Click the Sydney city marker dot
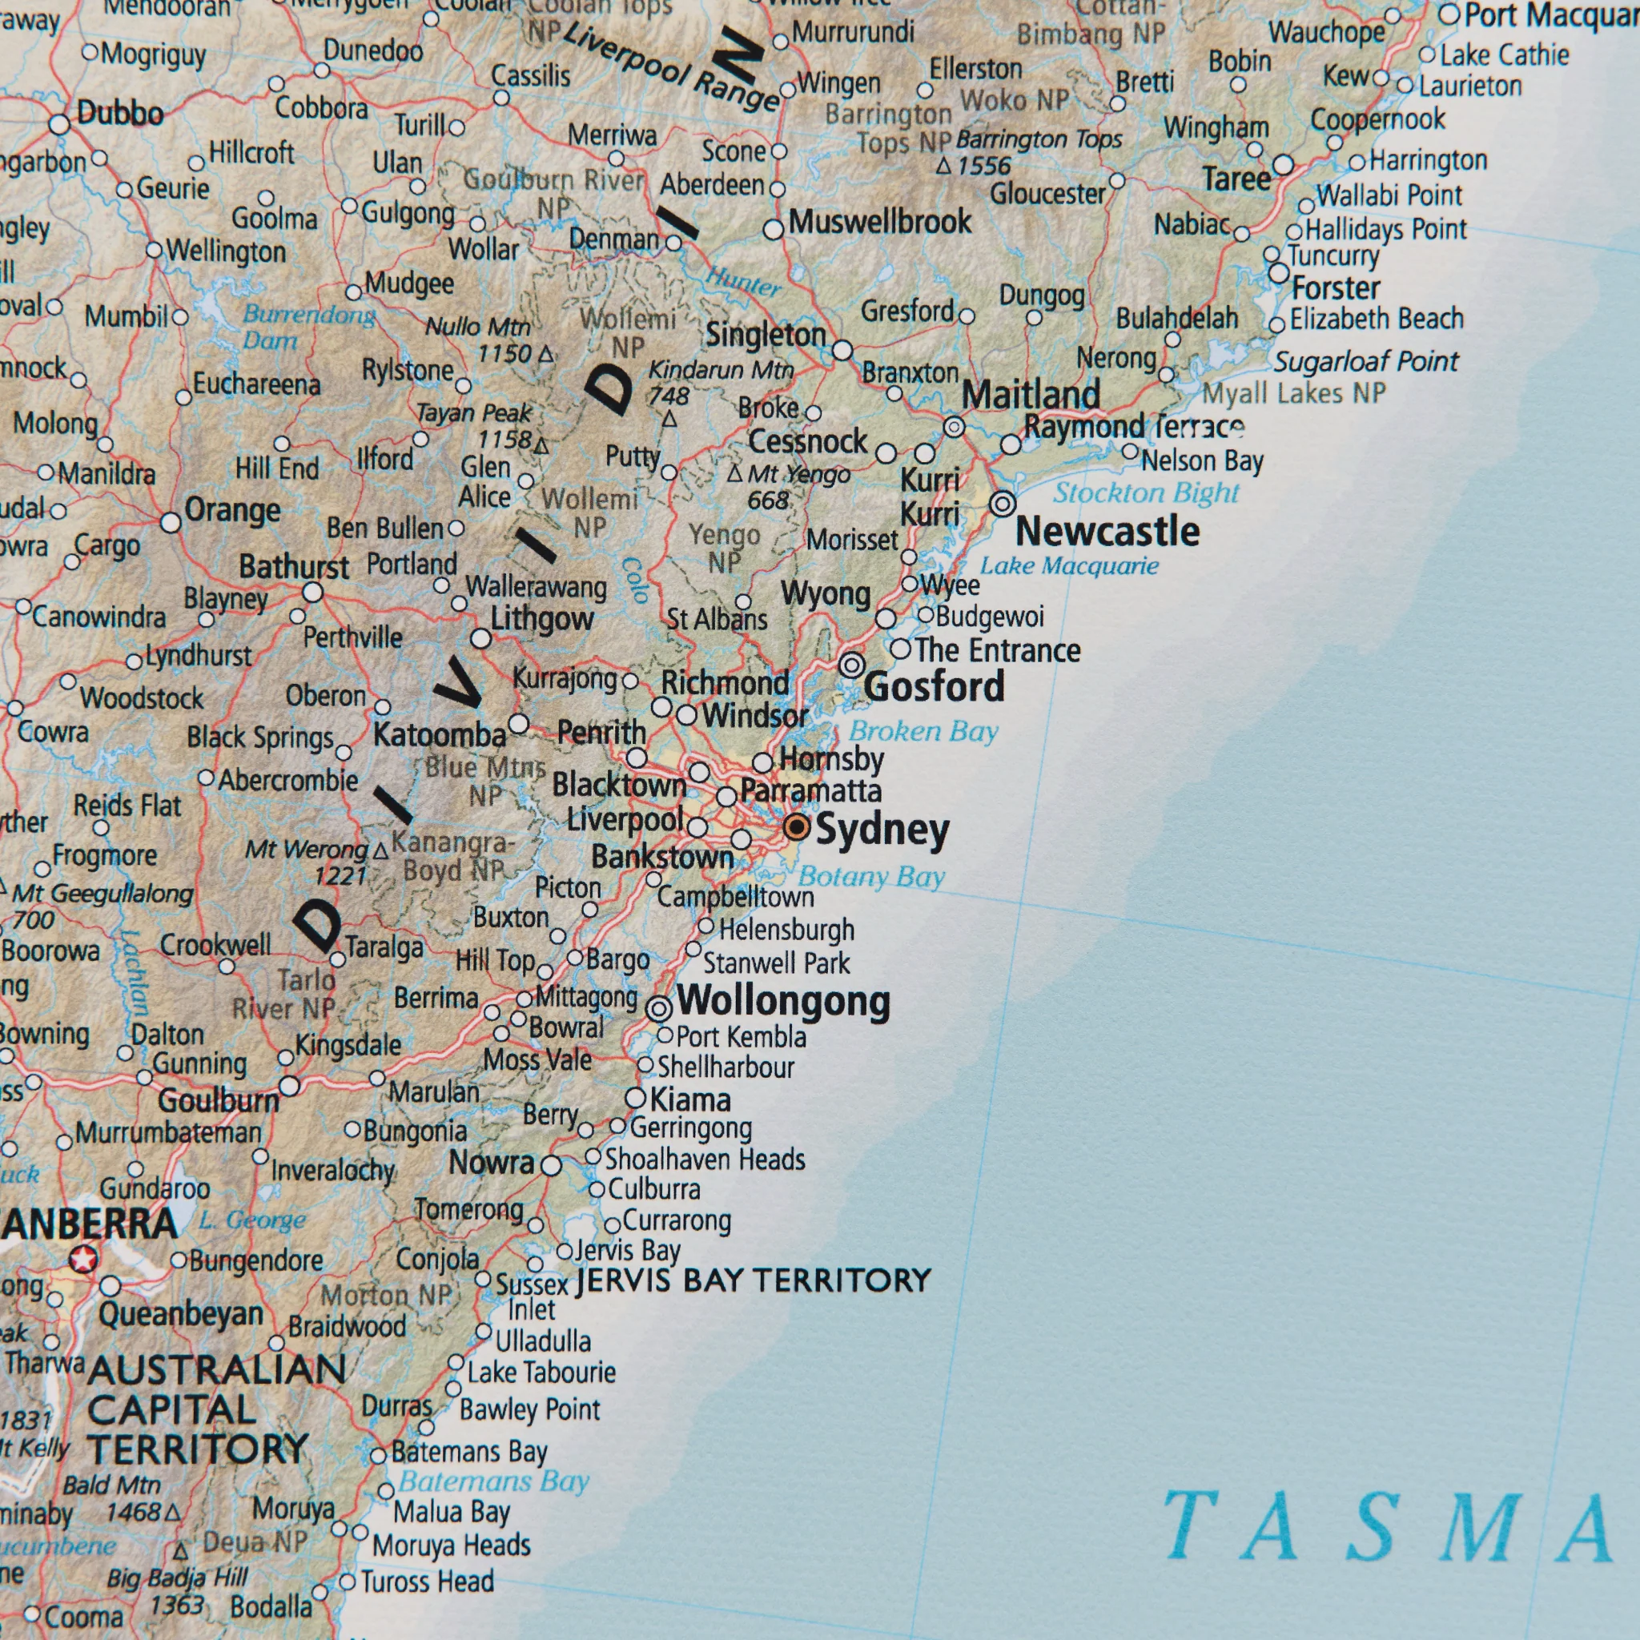click(796, 826)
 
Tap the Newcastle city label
click(1107, 533)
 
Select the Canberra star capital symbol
click(83, 1259)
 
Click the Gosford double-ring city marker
click(852, 665)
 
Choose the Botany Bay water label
click(871, 876)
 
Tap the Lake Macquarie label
click(1069, 566)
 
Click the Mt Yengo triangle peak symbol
click(735, 472)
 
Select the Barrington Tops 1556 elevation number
click(985, 167)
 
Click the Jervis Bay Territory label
click(753, 1280)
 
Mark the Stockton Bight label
click(1146, 493)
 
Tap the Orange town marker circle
click(171, 523)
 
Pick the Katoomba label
click(439, 735)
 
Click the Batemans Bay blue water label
click(493, 1481)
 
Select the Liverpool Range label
click(670, 68)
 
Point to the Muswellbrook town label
click(879, 223)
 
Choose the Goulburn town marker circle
click(289, 1087)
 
